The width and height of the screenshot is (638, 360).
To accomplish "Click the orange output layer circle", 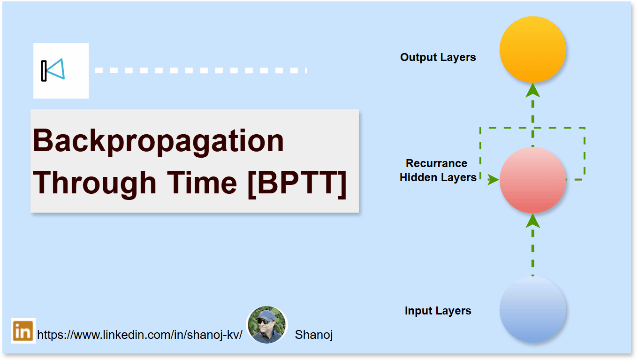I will (532, 49).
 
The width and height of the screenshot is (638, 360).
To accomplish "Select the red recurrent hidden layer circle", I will (532, 180).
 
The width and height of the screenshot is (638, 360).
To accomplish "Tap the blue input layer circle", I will (532, 310).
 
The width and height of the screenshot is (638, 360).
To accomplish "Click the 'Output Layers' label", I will (438, 57).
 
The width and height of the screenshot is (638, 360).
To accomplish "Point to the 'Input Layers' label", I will (438, 311).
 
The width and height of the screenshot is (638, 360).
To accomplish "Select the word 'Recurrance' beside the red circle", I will (436, 163).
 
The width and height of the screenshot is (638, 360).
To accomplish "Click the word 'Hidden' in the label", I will (418, 177).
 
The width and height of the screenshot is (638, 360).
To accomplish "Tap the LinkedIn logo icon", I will (23, 331).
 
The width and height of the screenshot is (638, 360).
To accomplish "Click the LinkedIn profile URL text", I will (139, 335).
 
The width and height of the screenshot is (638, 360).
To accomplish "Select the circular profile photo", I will (266, 325).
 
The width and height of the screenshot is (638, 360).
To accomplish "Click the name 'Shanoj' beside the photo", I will (313, 335).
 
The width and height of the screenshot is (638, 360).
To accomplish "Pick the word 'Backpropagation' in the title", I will (158, 140).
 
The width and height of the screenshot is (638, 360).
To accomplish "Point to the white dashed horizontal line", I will (200, 70).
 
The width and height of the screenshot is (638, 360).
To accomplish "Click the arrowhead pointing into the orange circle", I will (532, 90).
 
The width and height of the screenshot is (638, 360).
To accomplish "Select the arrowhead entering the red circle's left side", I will (493, 179).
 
